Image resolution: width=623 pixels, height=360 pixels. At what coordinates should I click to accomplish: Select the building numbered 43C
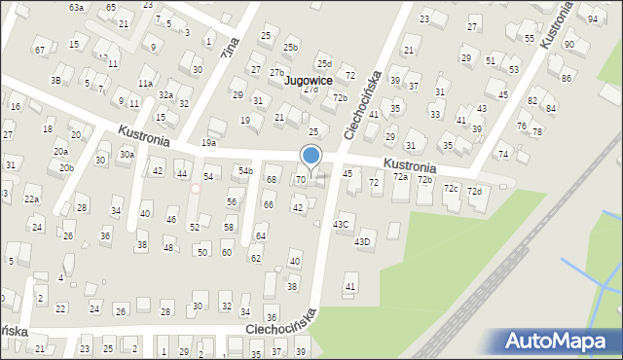tap(342, 224)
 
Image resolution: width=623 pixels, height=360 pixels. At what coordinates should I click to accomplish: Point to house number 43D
tap(362, 241)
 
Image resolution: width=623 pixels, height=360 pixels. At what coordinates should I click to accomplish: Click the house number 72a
tap(400, 177)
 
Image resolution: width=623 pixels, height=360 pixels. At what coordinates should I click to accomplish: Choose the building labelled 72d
tap(474, 191)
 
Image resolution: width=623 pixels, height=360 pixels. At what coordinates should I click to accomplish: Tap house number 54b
tap(245, 171)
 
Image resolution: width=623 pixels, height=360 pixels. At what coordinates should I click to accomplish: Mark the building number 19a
tap(209, 143)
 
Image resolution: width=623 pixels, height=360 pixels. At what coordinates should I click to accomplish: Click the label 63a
tap(76, 7)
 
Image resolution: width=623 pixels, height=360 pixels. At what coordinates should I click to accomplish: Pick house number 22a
tap(31, 198)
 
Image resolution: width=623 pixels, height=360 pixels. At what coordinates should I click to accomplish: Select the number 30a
tap(127, 154)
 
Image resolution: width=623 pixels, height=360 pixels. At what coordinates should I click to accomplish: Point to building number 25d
tap(323, 63)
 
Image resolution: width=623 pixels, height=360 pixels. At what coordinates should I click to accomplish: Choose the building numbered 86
tap(567, 77)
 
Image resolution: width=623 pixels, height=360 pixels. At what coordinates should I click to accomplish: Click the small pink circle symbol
tap(195, 188)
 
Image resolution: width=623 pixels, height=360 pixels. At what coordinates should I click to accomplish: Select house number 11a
tap(145, 84)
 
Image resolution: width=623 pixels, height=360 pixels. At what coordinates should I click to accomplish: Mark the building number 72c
tap(451, 188)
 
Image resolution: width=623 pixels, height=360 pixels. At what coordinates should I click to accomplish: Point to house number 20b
tap(66, 167)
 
